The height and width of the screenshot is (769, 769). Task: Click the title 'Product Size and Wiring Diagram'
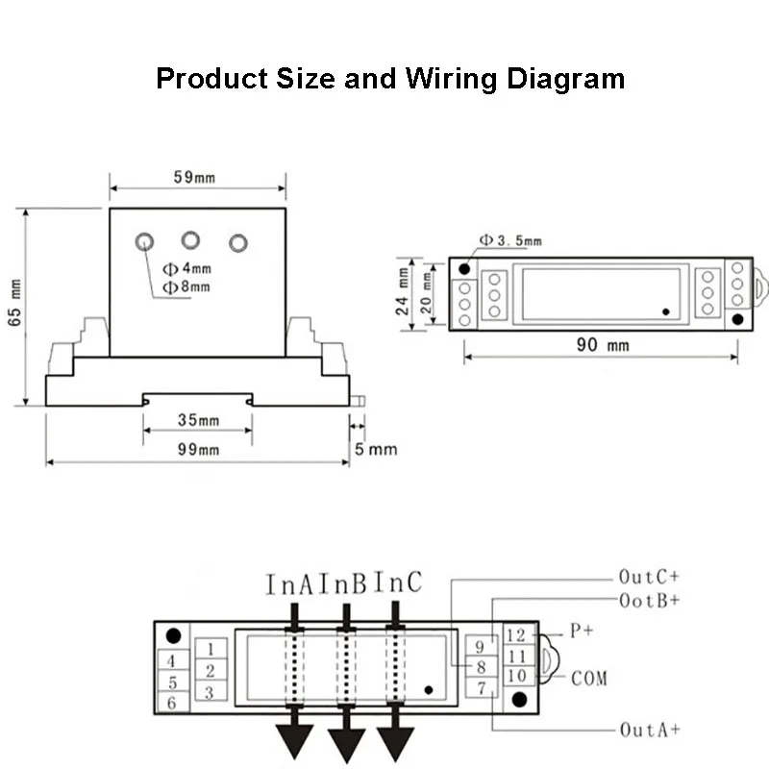pos(390,78)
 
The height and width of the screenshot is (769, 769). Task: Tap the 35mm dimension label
pos(199,421)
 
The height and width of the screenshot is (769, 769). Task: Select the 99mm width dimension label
pos(199,449)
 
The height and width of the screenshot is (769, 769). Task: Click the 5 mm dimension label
pos(374,449)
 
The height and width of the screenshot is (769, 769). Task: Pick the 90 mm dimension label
pos(603,345)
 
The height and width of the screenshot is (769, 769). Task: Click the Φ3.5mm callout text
pos(510,241)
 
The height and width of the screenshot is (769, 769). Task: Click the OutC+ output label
pos(650,578)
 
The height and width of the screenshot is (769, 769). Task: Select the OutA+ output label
pos(650,731)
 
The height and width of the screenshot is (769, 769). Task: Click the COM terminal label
pos(589,679)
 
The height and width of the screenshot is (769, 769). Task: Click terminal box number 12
pos(515,635)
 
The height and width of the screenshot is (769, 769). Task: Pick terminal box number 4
pos(171,661)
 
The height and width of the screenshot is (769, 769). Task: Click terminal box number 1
pos(211,649)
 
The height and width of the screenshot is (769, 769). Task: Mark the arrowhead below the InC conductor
pos(395,741)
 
